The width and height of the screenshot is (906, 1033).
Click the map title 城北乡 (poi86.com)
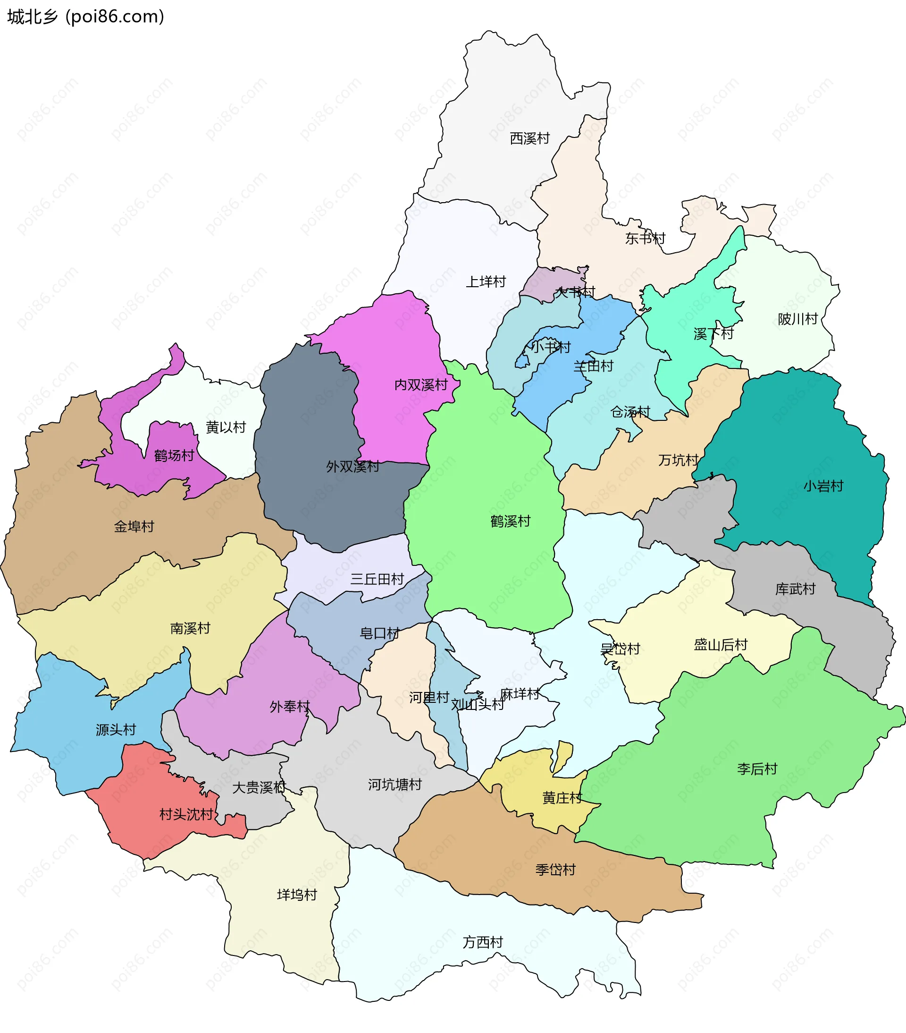coord(86,17)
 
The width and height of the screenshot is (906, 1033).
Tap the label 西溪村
coord(529,138)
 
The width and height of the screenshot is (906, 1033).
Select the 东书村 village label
coord(645,238)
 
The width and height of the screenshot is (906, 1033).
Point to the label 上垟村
coord(485,282)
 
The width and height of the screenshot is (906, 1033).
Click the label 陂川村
coord(797,319)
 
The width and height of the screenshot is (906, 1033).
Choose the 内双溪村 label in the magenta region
coord(421,384)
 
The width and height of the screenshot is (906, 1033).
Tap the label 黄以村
coord(225,427)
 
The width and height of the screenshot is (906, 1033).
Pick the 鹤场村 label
coord(174,455)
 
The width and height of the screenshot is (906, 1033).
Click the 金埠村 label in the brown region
coord(134,527)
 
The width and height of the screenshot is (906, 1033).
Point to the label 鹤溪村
coord(510,521)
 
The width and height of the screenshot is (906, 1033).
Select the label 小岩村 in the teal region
coord(823,486)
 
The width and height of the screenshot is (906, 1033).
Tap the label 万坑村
coord(678,460)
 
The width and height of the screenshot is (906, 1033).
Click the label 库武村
coord(795,589)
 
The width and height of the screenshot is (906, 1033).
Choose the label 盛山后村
coord(720,645)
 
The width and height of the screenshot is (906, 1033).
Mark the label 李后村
coord(757,768)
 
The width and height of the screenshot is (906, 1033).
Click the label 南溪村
coord(190,628)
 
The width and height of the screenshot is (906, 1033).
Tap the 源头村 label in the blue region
coord(116,730)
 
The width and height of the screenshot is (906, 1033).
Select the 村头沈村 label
coord(186,814)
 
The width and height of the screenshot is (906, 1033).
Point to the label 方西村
coord(483,942)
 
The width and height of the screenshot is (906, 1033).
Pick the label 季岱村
coord(555,869)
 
